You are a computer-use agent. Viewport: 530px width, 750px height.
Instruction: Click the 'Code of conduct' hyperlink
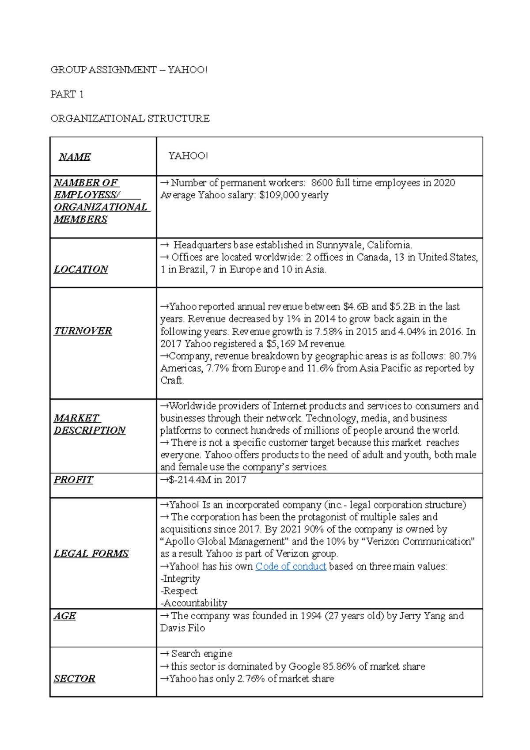291,566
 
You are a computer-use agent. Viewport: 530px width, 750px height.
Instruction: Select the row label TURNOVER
83,331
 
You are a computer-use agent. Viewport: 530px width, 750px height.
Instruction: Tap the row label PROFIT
73,480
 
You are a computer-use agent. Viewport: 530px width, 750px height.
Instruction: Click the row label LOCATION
81,269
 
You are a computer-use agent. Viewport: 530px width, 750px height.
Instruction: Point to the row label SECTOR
74,679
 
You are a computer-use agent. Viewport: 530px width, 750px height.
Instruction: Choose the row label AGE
64,616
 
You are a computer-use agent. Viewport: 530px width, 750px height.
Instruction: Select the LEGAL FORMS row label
91,553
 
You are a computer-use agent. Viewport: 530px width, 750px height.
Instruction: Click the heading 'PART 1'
67,94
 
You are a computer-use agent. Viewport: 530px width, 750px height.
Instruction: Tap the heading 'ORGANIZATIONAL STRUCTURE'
130,118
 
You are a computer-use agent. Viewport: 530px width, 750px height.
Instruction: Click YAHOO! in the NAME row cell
188,156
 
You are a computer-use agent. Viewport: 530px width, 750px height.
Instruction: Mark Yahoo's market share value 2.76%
251,679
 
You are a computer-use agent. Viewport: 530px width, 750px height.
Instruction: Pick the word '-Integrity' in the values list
180,579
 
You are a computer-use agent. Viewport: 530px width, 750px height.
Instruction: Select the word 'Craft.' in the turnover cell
172,380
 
